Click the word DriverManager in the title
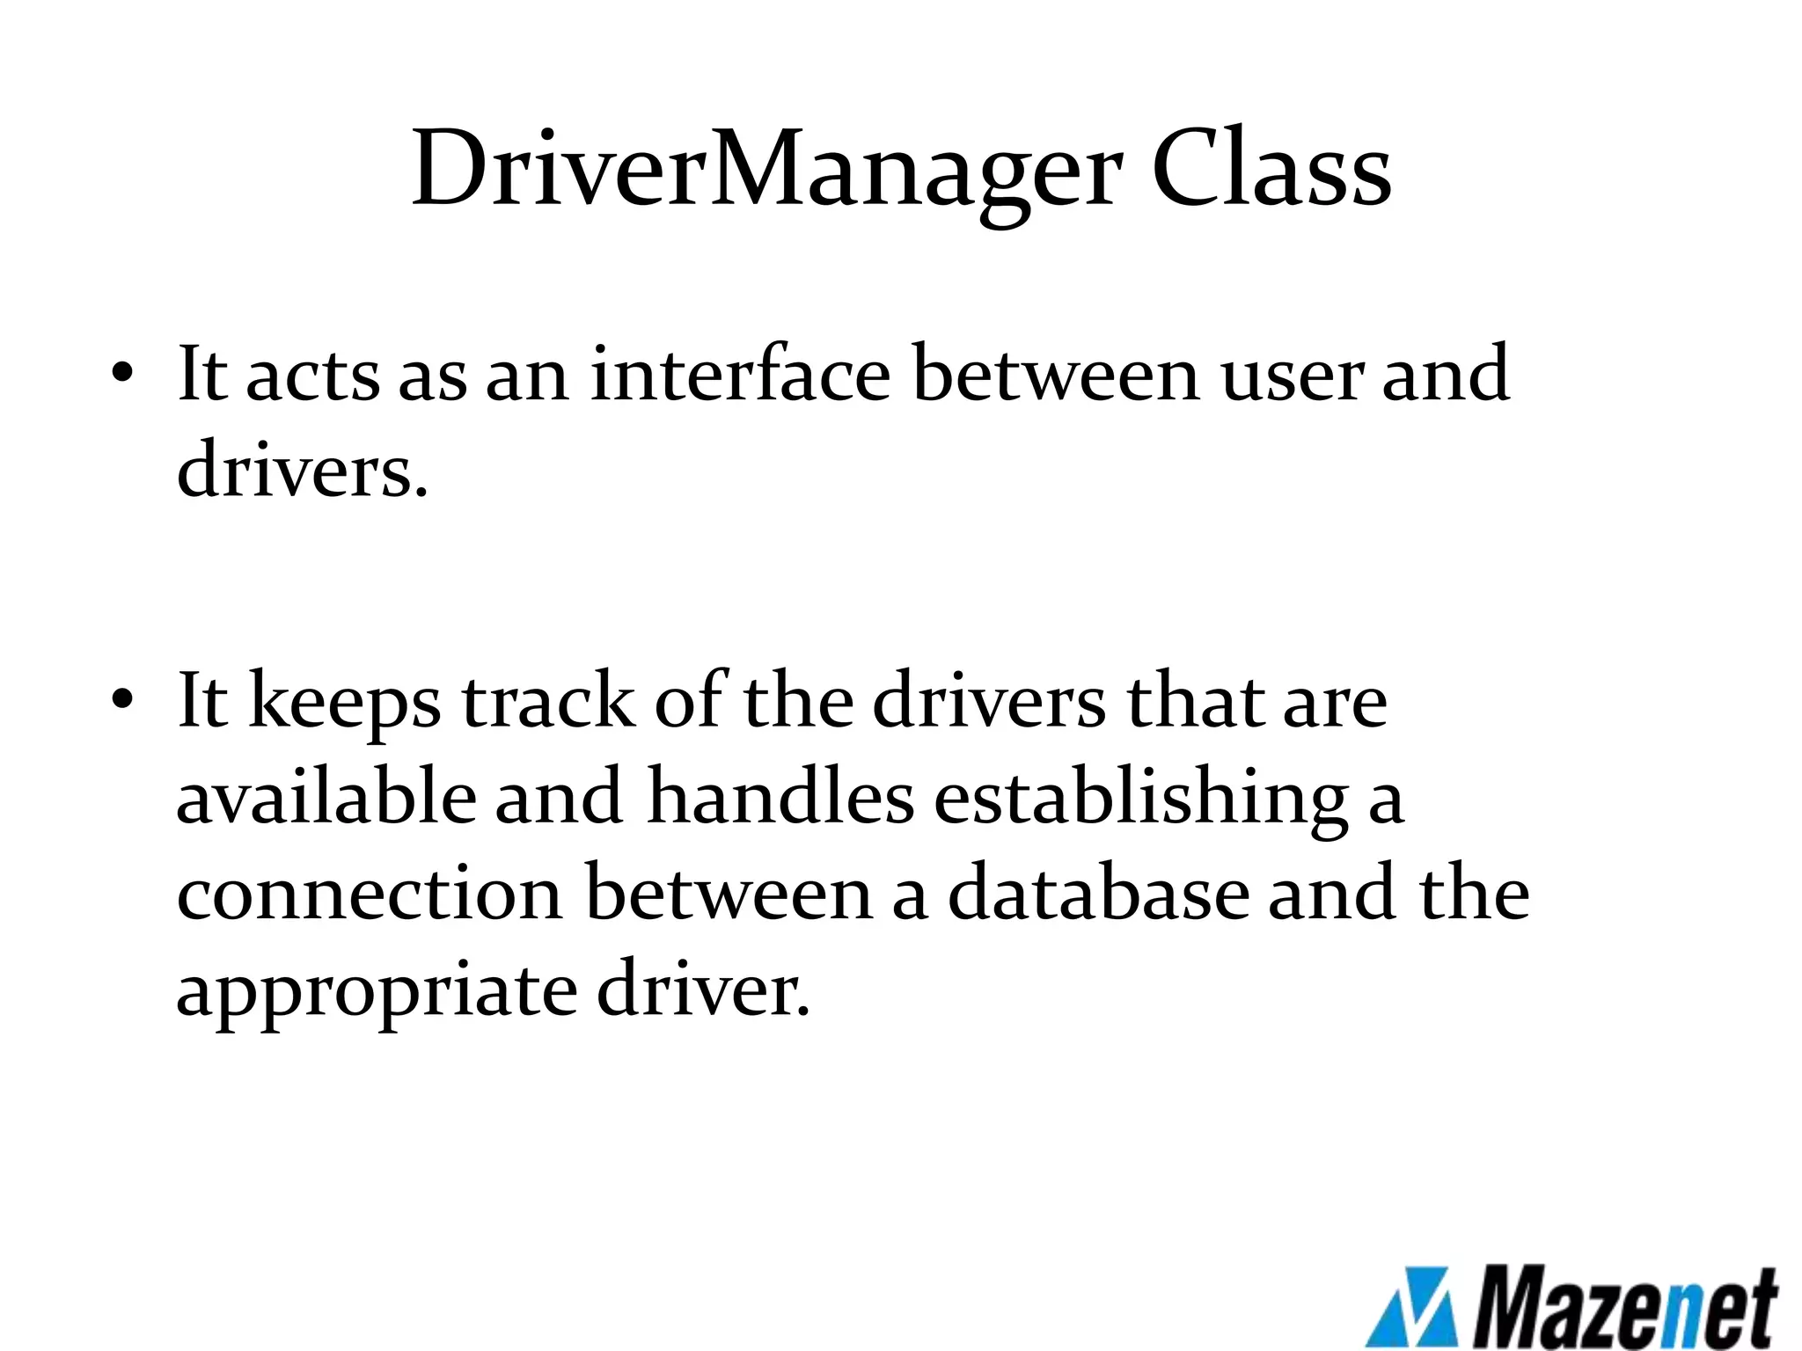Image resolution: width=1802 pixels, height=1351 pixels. coord(766,169)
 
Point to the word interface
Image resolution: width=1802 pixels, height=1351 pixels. coord(740,374)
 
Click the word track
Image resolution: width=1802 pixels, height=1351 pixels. coord(547,701)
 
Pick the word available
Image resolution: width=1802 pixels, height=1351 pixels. coord(325,797)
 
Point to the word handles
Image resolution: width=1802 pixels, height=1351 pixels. coord(780,797)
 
